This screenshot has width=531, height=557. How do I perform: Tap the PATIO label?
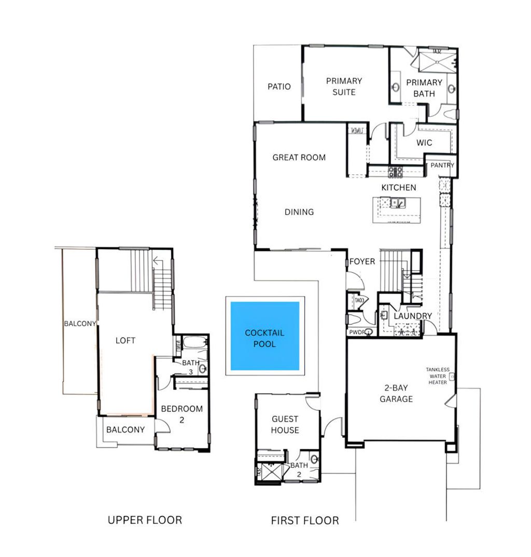pyautogui.click(x=279, y=87)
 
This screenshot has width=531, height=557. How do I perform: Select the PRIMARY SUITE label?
pyautogui.click(x=344, y=87)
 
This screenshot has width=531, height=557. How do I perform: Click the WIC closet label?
pyautogui.click(x=424, y=143)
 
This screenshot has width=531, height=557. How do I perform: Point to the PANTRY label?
pyautogui.click(x=442, y=165)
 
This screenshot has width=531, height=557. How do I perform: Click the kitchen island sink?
pyautogui.click(x=398, y=203)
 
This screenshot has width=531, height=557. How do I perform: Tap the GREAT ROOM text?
pyautogui.click(x=299, y=157)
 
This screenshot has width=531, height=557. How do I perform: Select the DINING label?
pyautogui.click(x=299, y=212)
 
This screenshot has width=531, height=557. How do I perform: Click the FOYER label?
pyautogui.click(x=362, y=261)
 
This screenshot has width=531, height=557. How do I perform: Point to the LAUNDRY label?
pyautogui.click(x=413, y=316)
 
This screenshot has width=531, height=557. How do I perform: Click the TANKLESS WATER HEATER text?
pyautogui.click(x=438, y=376)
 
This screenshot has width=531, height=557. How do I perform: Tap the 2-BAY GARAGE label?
pyautogui.click(x=396, y=394)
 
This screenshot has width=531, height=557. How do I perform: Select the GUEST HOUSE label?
pyautogui.click(x=285, y=424)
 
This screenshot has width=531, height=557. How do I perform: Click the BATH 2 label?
pyautogui.click(x=299, y=469)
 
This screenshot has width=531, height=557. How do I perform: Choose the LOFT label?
pyautogui.click(x=125, y=340)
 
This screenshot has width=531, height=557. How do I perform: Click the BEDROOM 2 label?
pyautogui.click(x=181, y=414)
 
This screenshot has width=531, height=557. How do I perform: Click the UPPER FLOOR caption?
pyautogui.click(x=145, y=520)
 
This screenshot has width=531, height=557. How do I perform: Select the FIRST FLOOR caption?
pyautogui.click(x=305, y=520)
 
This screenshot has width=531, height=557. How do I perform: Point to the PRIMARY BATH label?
pyautogui.click(x=424, y=88)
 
